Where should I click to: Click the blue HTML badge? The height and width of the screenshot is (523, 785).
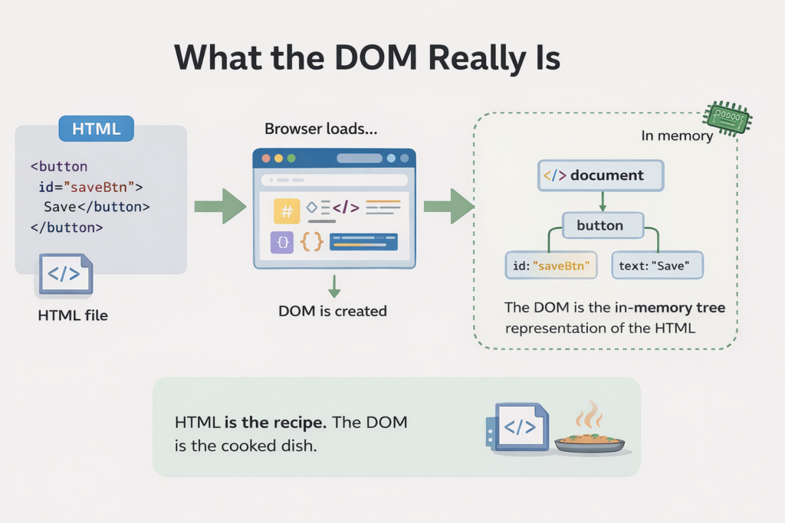pos(97,129)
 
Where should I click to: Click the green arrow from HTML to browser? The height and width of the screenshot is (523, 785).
pos(220,206)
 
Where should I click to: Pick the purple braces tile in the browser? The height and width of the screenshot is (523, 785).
pos(282,243)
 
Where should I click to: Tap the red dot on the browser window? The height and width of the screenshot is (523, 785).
pos(266,159)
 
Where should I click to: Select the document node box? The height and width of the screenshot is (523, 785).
pos(602,175)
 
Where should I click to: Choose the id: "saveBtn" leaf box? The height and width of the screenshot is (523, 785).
pos(551,266)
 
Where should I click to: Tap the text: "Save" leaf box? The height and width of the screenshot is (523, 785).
pos(657,266)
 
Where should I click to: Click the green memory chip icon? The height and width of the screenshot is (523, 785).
pos(728,117)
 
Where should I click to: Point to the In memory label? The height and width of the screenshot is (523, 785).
pos(677,136)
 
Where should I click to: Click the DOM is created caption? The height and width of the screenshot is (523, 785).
pos(333,311)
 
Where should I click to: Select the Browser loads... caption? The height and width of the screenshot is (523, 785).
pos(321,129)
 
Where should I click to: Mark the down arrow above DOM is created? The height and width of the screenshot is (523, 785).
pos(333,286)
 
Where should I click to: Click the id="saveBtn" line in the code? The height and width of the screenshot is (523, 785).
pos(90,186)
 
